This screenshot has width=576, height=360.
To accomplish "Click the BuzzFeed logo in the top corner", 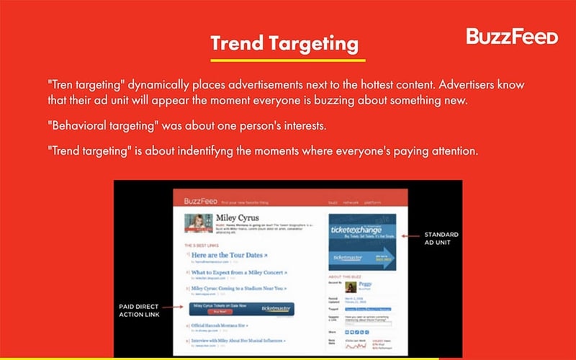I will click(x=512, y=36).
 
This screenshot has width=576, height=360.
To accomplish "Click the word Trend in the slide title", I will click(x=236, y=43).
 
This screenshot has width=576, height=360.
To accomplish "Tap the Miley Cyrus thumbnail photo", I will click(x=198, y=223).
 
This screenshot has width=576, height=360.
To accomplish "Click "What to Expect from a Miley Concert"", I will click(x=238, y=274).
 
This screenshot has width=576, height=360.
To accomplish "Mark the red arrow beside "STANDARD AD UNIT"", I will click(x=410, y=235).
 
